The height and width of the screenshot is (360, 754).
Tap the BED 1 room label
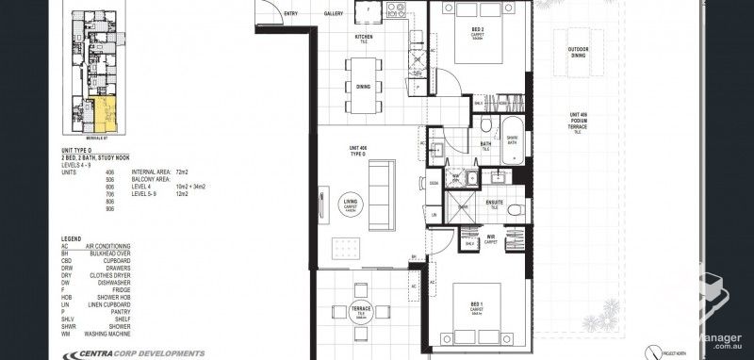click(478, 303)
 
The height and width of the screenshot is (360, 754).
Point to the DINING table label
click(363, 87)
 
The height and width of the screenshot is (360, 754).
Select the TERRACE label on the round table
click(361, 309)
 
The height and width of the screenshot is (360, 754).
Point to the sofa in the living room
click(381, 196)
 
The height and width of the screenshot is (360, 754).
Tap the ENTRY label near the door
click(290, 13)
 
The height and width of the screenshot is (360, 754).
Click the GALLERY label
click(333, 13)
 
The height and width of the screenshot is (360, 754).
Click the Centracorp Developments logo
click(132, 353)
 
